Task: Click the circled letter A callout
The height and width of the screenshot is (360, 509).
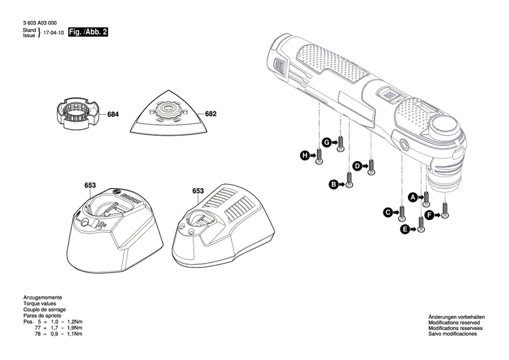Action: [411, 197]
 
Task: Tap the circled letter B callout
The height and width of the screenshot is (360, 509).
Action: [333, 184]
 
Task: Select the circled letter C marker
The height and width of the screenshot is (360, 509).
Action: [389, 213]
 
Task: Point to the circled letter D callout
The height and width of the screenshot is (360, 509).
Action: [356, 166]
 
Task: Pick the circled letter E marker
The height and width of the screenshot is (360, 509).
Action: [405, 231]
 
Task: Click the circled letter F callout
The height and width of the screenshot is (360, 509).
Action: [429, 216]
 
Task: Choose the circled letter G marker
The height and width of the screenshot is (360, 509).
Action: [326, 142]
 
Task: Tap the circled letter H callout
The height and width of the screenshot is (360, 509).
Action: [305, 157]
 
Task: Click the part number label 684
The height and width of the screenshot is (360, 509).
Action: [113, 115]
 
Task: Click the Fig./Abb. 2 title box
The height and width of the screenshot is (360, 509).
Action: [88, 33]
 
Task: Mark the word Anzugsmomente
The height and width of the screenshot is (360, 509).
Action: [42, 298]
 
